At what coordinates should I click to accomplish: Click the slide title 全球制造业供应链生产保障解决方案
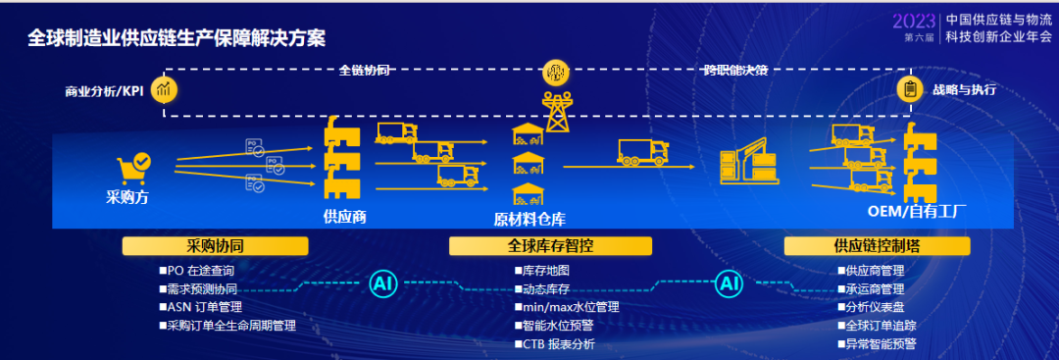(x=176, y=38)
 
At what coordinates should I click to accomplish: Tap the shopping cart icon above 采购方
(x=133, y=170)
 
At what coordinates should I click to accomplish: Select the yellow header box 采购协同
(x=215, y=246)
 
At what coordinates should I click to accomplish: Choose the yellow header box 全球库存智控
(x=550, y=246)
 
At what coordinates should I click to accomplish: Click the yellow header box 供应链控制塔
(x=877, y=246)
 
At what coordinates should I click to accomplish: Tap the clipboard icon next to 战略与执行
(x=910, y=89)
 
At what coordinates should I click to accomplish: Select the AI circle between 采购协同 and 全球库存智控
(x=383, y=284)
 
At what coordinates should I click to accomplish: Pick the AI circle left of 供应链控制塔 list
(x=729, y=283)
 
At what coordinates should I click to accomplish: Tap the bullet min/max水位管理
(x=567, y=307)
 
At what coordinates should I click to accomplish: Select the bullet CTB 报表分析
(x=554, y=343)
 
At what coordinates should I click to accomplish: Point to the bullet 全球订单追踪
(x=877, y=326)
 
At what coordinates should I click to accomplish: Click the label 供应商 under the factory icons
(x=345, y=217)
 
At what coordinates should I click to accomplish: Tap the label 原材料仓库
(x=529, y=220)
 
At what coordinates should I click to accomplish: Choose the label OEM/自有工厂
(x=917, y=212)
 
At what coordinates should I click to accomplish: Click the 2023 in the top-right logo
(x=914, y=22)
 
